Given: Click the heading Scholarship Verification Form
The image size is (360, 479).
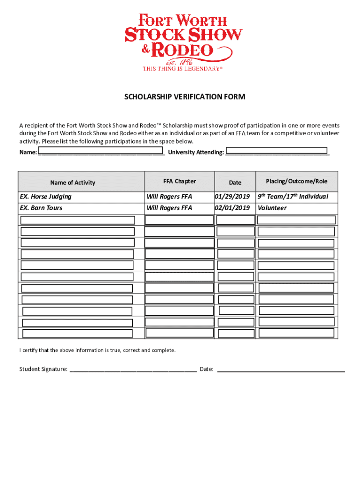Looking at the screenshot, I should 184,97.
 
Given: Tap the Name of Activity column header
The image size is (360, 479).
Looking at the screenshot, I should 72,183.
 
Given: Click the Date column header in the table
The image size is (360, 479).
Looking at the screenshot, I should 235,183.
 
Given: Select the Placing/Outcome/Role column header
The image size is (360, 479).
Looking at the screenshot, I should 296,181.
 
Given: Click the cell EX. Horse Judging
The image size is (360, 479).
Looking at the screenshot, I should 46,196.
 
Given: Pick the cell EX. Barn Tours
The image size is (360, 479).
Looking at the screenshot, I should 41,208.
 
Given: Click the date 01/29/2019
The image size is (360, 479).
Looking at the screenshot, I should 232,196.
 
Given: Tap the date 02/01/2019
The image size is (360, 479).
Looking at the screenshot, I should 232,208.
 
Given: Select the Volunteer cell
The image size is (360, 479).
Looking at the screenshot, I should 272,208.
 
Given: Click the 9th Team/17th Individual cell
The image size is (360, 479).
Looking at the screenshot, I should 293,196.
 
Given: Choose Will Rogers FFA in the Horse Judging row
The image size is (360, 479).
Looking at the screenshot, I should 169,196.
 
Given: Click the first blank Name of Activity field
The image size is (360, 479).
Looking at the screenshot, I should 78,220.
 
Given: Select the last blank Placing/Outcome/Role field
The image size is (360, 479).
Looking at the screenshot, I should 296,333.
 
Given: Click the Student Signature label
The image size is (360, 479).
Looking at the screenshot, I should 43,369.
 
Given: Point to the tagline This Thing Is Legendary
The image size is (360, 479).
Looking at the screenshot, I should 181,68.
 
